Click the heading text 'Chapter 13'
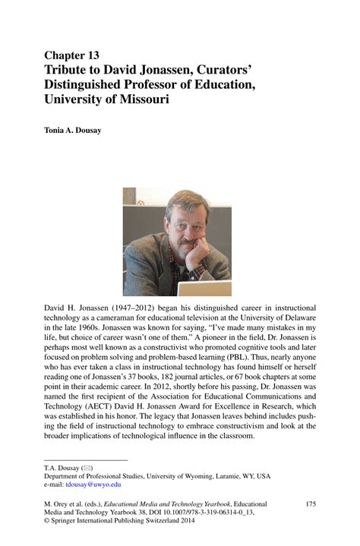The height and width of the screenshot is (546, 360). [71, 55]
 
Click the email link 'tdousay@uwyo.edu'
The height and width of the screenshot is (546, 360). [93, 484]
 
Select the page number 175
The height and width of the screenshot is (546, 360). [311, 504]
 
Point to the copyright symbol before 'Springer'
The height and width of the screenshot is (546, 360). [47, 523]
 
